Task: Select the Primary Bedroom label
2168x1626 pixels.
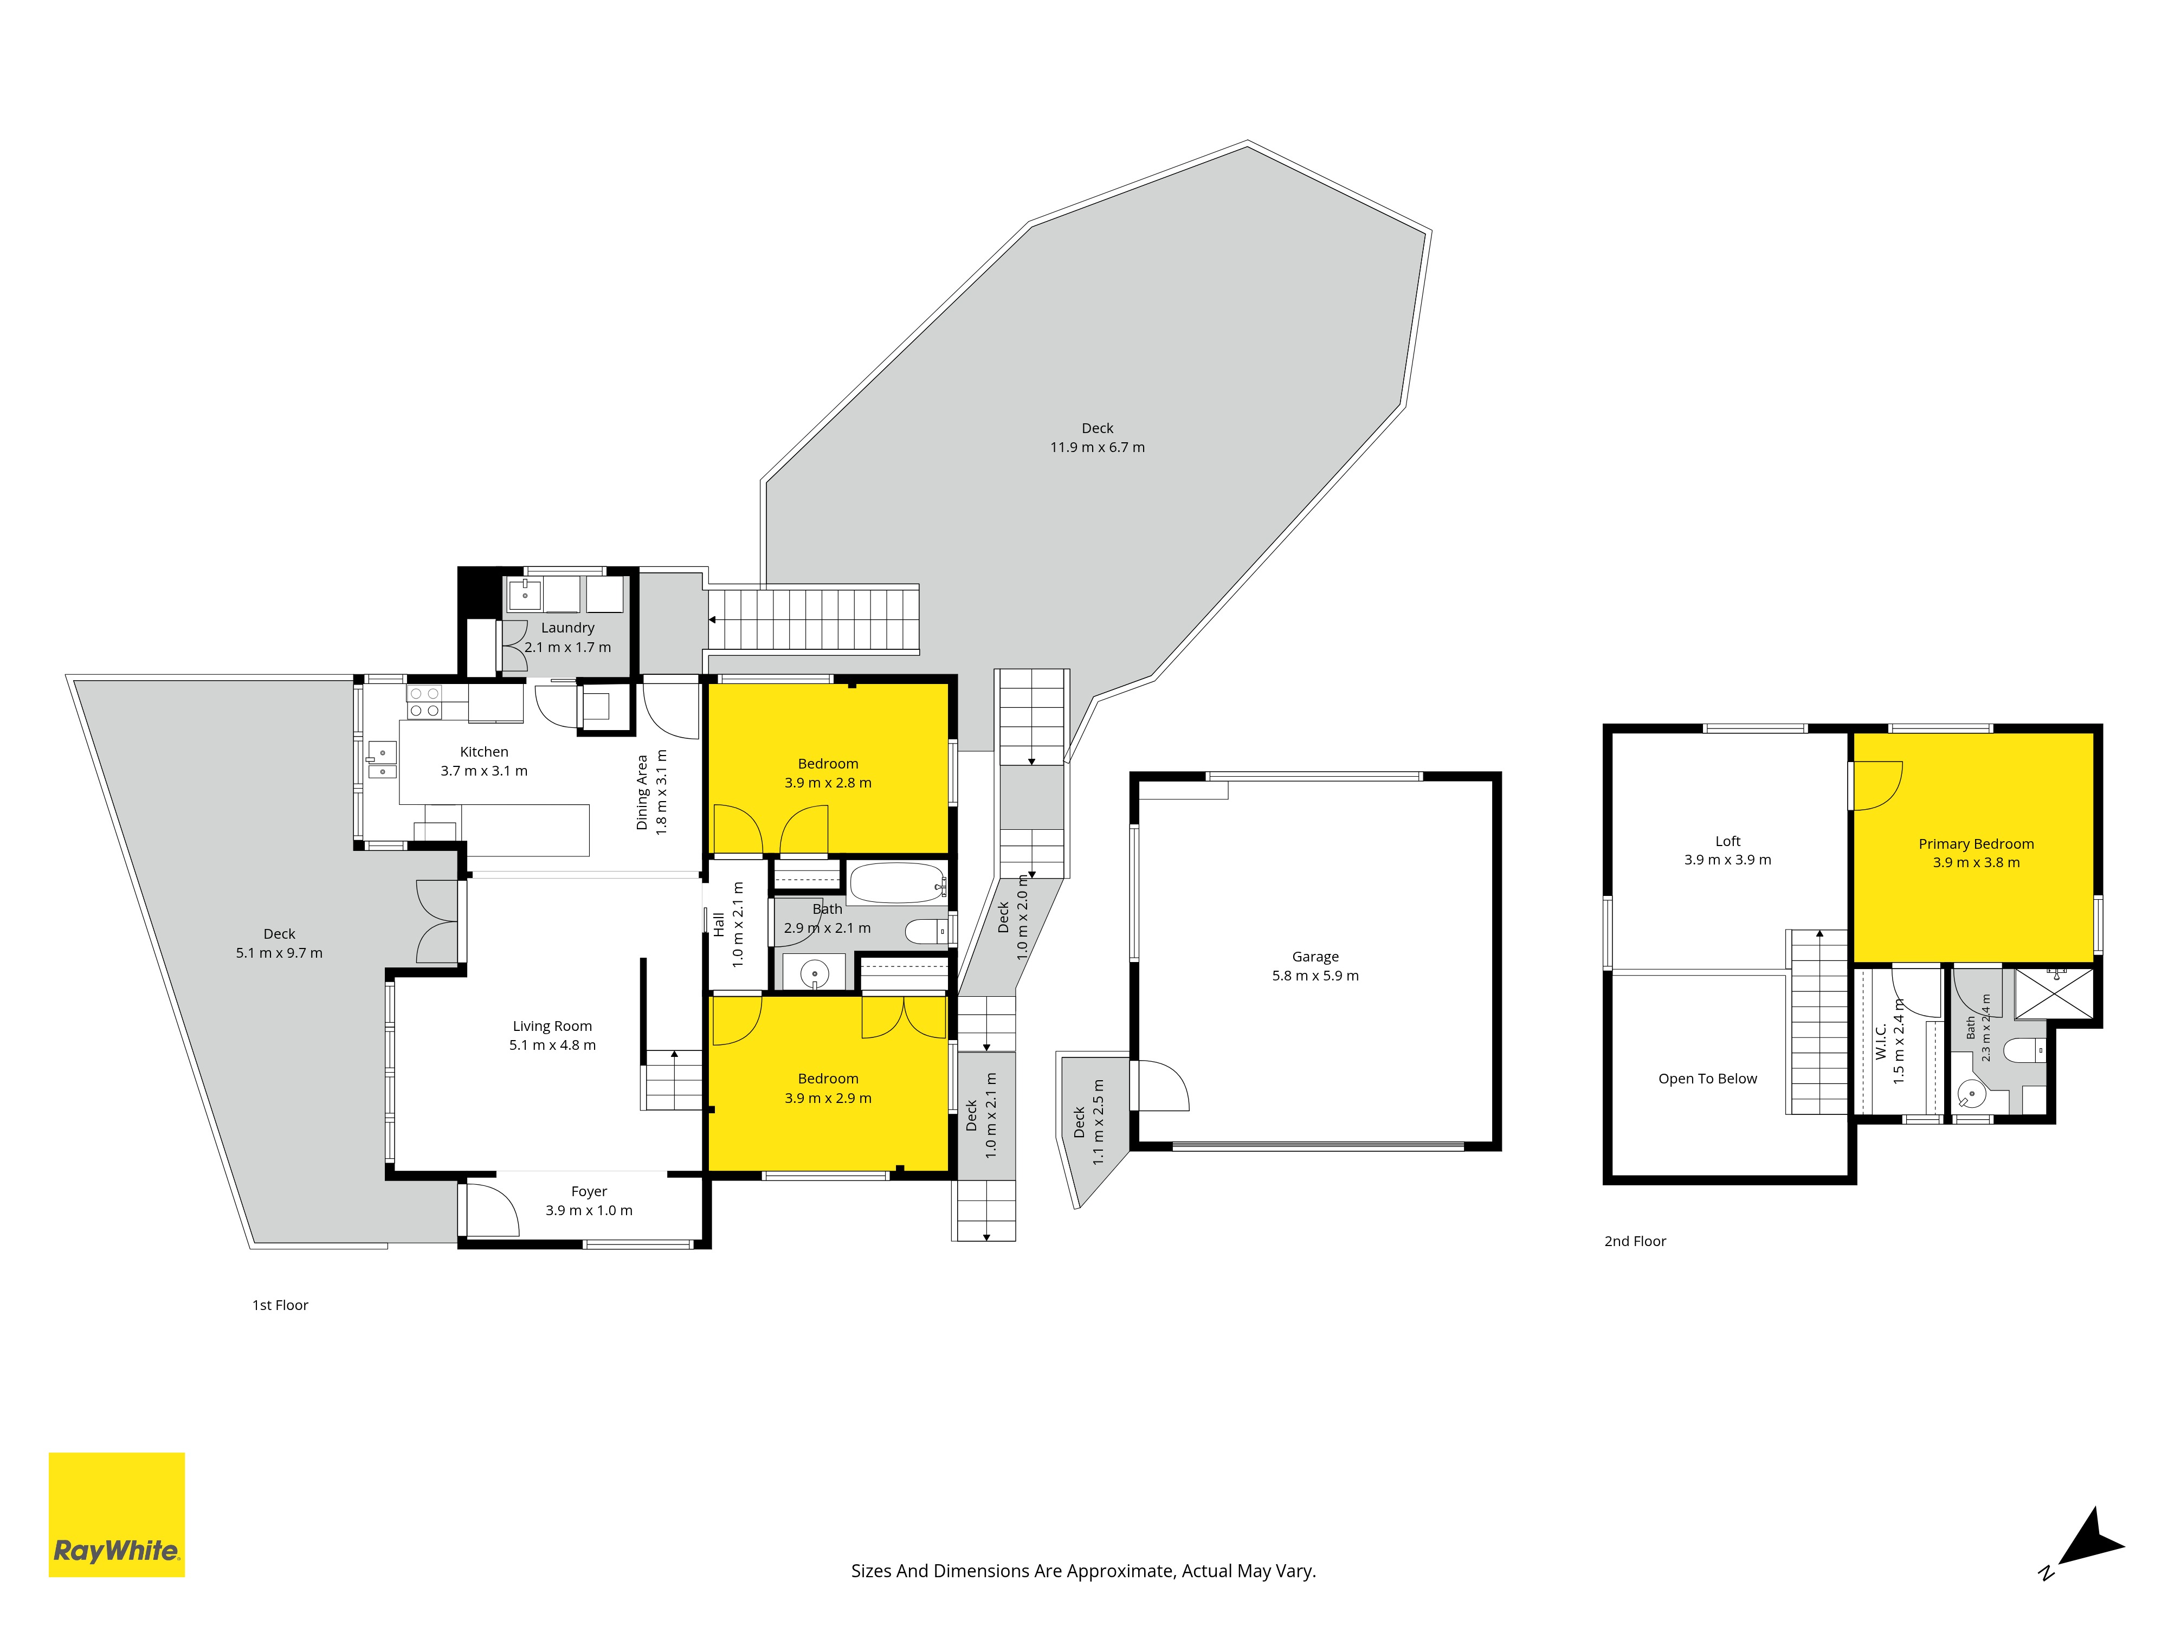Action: click(x=1976, y=844)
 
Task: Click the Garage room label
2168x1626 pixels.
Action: click(x=1315, y=957)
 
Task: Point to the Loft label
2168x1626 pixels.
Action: click(x=1728, y=841)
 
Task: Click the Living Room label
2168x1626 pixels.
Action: click(x=553, y=1026)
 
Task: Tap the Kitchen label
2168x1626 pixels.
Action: click(x=484, y=752)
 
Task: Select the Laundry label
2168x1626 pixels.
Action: click(x=567, y=627)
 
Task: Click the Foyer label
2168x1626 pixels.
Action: click(x=589, y=1192)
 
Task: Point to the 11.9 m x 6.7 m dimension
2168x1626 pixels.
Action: click(x=1098, y=447)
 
